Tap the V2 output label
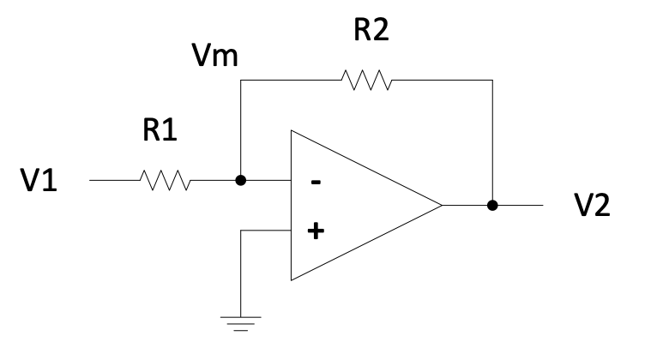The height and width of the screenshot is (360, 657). coord(592,207)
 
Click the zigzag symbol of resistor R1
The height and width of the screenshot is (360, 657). coord(164,181)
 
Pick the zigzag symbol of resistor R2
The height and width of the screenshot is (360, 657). coord(366,81)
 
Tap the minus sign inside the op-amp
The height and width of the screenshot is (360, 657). coord(316,183)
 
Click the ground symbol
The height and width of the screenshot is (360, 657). coord(241,322)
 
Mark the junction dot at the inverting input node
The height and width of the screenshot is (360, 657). coord(241,181)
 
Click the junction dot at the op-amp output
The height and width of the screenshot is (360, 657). coord(492,206)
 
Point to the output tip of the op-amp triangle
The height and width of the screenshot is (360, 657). coord(441,206)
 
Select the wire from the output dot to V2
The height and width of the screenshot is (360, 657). coord(519,206)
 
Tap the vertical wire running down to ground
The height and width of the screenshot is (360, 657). coord(241,274)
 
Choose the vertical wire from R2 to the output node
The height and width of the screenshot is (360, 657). coord(492,141)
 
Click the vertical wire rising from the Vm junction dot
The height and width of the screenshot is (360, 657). coord(241,129)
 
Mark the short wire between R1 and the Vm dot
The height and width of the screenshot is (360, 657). coord(214,181)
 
